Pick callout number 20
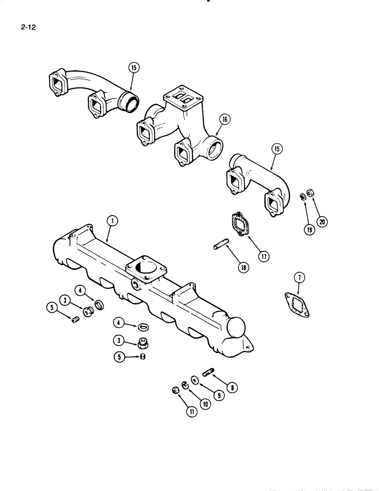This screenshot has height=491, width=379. [322, 221]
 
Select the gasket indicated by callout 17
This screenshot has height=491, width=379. [239, 223]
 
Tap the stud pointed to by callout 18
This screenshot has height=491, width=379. [220, 244]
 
